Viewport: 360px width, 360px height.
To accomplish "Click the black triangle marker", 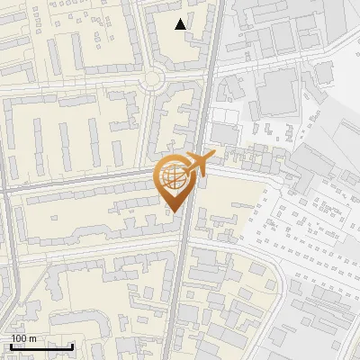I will coord(182,24).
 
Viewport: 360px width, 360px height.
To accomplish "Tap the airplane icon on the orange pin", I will coord(200,164).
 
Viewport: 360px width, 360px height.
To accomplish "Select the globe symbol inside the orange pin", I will coord(175,176).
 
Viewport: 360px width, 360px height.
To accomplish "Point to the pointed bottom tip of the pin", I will coord(174,212).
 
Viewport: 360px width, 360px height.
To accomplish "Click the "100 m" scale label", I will coord(24,338).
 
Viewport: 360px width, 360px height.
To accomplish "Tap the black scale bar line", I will coord(41,346).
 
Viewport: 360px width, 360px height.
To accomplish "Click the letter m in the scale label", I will coord(33,338).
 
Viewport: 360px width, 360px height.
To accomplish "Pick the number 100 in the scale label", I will coord(19,338).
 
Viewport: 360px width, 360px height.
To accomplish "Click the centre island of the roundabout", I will coord(154,80).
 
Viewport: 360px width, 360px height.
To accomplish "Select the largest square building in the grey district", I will coord(278,91).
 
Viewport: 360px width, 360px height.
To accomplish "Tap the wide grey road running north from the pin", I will coord(204,90).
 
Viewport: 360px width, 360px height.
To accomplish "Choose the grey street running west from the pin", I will coord(90,179).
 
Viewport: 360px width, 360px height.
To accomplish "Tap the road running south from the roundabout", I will coord(146,126).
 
